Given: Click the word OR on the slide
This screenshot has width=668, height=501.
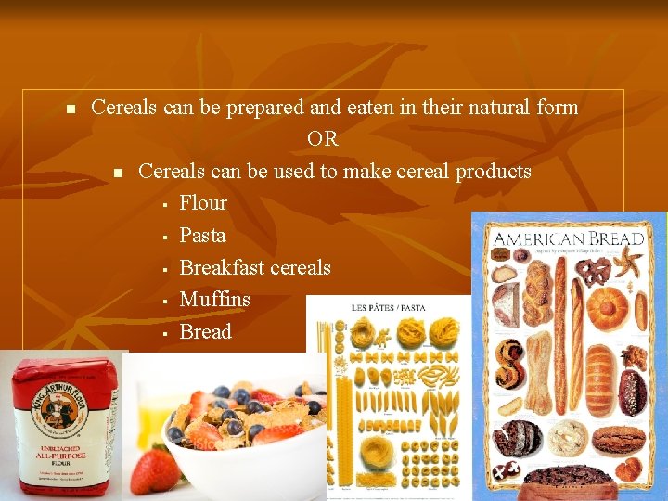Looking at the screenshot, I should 323,139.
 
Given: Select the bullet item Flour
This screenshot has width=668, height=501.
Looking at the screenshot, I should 203,203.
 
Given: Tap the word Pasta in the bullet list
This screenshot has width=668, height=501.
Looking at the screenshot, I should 202,236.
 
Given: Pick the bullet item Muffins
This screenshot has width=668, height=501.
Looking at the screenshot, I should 214,300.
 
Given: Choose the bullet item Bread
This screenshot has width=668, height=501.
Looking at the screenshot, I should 205,332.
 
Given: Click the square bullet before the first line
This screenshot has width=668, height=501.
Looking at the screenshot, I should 70,109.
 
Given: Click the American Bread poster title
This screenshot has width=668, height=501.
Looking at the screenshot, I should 568,239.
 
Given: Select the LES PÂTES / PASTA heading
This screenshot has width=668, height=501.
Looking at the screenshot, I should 388,307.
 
